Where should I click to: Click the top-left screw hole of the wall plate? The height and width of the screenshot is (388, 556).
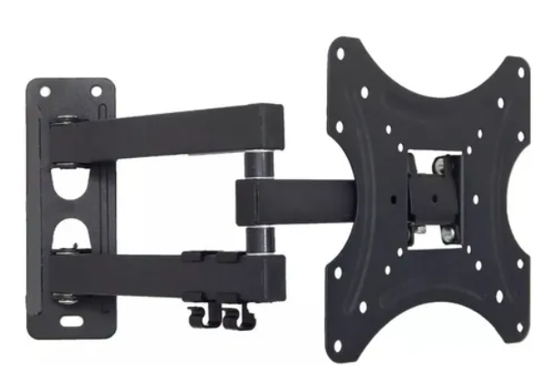(43, 90)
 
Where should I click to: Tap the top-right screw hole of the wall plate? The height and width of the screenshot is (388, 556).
(96, 91)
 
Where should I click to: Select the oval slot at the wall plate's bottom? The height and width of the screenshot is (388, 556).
(71, 321)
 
